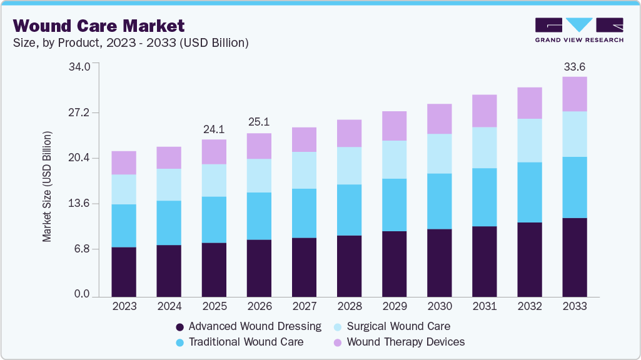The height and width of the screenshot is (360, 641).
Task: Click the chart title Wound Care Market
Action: pos(99,26)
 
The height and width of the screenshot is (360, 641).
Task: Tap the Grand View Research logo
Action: pos(579,30)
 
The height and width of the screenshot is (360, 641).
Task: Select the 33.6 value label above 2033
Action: pos(574,67)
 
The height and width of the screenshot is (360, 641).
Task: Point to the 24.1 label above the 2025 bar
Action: pos(214,129)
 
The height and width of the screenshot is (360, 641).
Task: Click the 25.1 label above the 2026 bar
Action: pos(259,123)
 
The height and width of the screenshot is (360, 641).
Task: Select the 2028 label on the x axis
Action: pos(349,306)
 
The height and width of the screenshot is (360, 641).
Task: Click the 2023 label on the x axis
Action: pos(124,306)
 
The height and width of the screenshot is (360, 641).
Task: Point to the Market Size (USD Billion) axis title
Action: pos(47,186)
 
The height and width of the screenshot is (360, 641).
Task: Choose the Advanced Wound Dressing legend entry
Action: pos(248,326)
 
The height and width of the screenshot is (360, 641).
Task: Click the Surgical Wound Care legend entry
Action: pos(391,326)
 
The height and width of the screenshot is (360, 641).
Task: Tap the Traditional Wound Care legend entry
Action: pos(240,342)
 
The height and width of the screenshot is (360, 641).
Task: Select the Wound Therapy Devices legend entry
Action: pos(398,342)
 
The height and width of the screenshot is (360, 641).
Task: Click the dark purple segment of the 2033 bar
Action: pos(574,257)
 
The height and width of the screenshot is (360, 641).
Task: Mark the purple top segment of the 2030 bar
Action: pos(439,119)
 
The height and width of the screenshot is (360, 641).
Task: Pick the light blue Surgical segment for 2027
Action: pos(304,170)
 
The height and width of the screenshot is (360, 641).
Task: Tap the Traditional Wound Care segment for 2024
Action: pos(169,222)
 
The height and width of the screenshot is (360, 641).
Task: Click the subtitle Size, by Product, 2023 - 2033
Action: pos(131,42)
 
